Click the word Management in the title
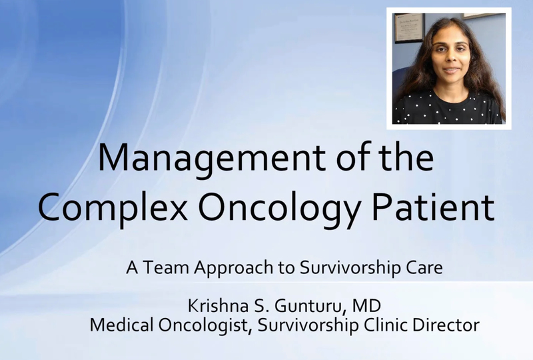coord(212,159)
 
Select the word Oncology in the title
coord(278,207)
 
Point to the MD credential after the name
coord(366,306)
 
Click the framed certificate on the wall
coord(409,28)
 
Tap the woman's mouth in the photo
coord(452,70)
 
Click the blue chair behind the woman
coord(398,81)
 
